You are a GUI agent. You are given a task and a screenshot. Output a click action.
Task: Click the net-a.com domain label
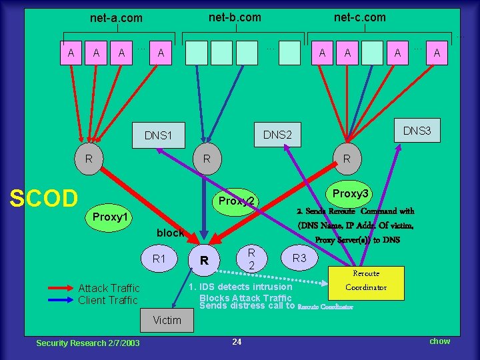tap(116, 18)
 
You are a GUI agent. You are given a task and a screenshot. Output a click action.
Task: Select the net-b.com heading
tap(235, 17)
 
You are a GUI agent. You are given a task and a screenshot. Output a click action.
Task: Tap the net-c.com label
tap(359, 17)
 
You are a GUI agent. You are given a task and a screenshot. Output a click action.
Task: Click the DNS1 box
tap(158, 135)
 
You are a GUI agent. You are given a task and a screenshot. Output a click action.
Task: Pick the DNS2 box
tap(278, 135)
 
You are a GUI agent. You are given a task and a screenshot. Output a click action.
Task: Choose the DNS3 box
tap(417, 131)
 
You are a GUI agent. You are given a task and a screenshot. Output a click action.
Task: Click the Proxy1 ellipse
tap(111, 217)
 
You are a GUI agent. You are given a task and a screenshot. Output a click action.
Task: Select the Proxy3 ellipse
tap(351, 193)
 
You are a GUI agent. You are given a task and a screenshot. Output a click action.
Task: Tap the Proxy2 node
tap(237, 201)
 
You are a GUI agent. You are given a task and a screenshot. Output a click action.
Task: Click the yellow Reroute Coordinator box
tap(366, 281)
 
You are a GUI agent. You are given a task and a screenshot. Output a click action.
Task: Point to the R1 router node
tap(159, 258)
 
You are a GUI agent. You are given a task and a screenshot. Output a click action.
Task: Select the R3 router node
tap(300, 257)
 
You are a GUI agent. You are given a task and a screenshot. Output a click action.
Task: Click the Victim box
tap(167, 320)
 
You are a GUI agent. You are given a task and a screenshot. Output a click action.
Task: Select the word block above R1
tap(170, 233)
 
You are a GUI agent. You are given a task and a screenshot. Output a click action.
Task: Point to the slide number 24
tap(237, 342)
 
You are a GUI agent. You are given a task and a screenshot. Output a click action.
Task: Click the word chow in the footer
tap(439, 341)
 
